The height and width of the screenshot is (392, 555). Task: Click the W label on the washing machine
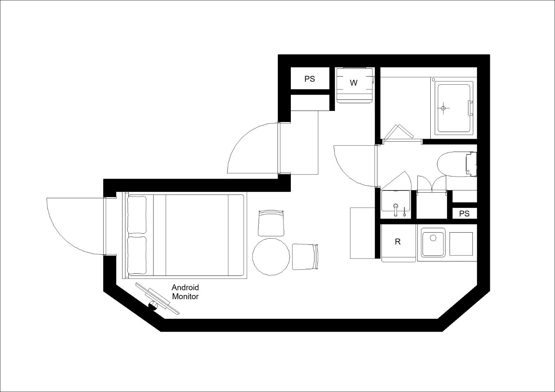point(354,83)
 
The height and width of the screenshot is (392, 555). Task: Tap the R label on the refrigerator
point(398,242)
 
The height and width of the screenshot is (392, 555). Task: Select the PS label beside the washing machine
point(310,79)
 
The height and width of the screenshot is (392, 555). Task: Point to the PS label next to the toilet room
point(464,213)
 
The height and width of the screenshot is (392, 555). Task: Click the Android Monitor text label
point(185,292)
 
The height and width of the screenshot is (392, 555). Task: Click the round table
point(271,257)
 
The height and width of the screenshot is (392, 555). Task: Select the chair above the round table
point(271,223)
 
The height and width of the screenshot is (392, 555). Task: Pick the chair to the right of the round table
point(305,257)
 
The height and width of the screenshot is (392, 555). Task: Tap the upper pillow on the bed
point(137,214)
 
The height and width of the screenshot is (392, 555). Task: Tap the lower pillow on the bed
point(137,255)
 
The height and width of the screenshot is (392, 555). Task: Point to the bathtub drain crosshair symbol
point(443,108)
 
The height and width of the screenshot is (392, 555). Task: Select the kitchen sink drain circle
point(433,238)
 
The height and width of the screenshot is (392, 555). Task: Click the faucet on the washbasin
point(396,210)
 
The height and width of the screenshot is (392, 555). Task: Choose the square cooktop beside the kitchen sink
point(461,244)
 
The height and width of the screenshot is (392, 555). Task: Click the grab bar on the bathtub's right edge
point(470,108)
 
